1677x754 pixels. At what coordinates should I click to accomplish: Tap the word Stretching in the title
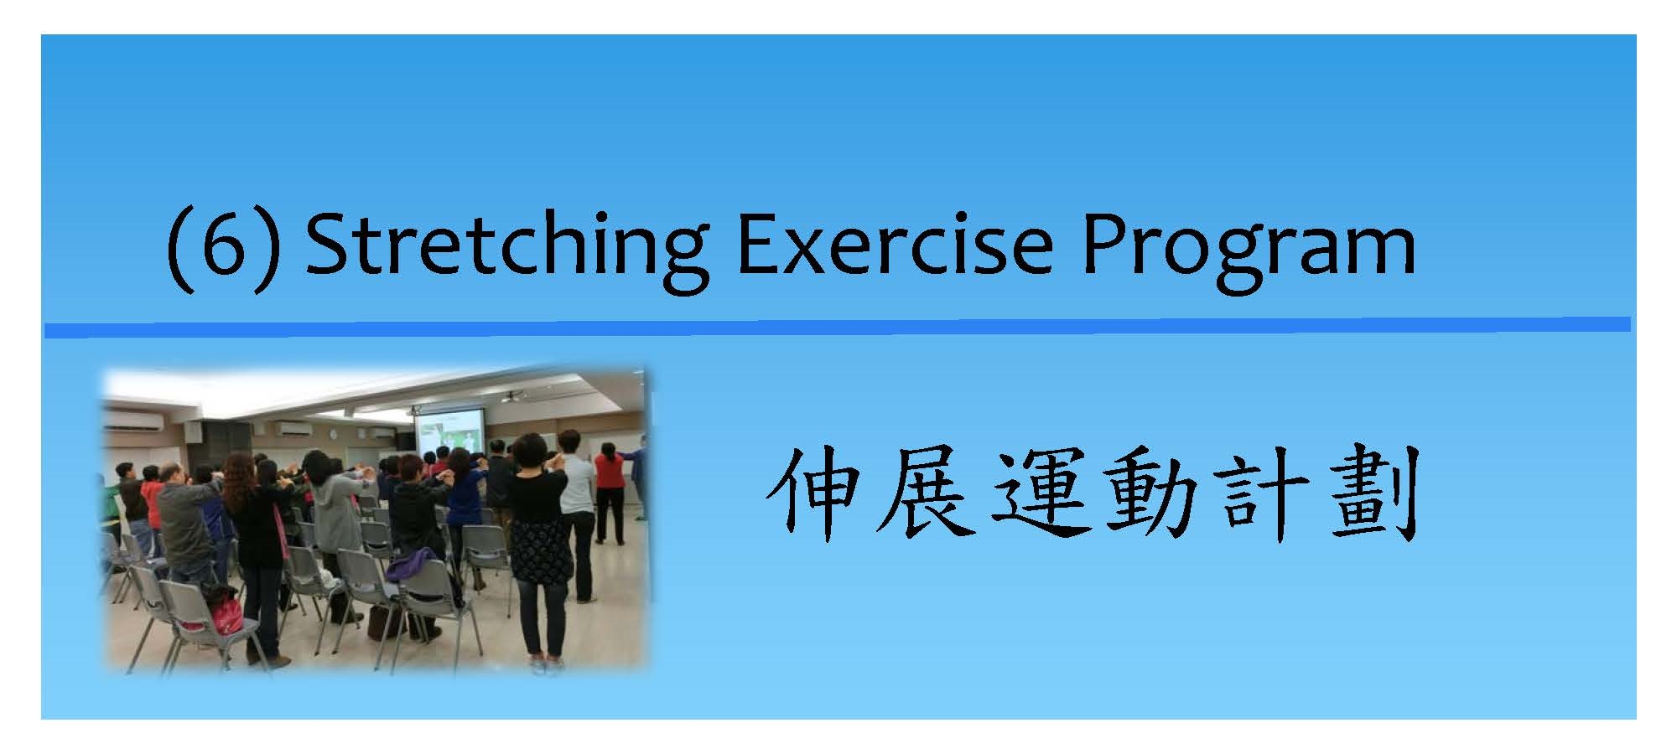click(506, 250)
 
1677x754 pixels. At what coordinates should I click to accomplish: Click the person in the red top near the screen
click(610, 490)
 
